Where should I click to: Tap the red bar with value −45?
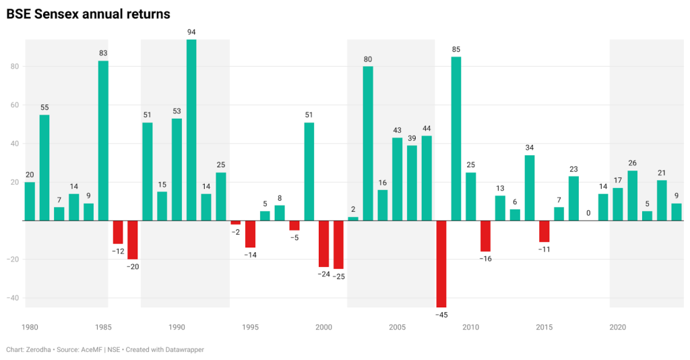point(441,264)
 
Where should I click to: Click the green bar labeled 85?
point(456,139)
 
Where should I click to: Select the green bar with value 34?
point(530,188)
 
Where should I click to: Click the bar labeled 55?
point(44,168)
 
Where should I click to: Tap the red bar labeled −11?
point(544,231)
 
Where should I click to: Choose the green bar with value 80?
point(368,144)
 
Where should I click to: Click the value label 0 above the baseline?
point(588,213)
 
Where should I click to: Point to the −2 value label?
point(235,232)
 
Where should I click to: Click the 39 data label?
point(412,138)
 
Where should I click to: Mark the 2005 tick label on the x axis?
point(397,327)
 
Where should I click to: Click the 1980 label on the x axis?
point(30,327)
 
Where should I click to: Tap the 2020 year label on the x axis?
point(618,327)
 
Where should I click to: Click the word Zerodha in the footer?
point(38,349)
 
